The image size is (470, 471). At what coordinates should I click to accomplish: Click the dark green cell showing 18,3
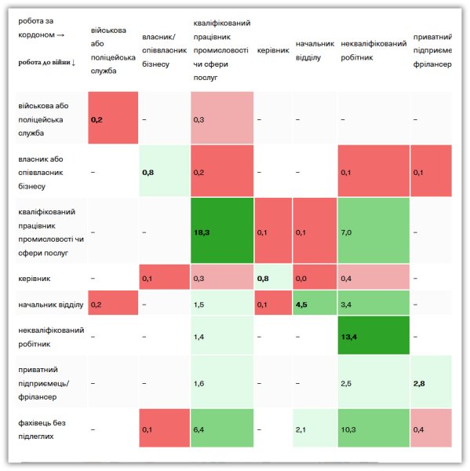point(222,230)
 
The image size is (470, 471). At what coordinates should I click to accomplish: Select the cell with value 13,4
point(373,335)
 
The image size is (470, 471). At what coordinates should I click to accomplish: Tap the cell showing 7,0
point(373,230)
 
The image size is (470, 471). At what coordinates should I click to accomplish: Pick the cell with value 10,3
point(373,428)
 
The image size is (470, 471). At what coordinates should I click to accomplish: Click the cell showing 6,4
point(222,428)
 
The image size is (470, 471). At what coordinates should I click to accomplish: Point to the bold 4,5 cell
point(315,303)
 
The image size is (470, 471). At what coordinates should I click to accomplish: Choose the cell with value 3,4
point(373,303)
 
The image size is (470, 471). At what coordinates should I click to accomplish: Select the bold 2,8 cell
point(431,382)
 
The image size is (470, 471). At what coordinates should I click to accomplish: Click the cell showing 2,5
point(373,382)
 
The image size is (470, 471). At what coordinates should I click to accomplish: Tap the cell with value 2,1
point(315,428)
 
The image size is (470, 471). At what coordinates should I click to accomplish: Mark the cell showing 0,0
point(315,277)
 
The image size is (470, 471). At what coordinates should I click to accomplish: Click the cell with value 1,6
point(222,382)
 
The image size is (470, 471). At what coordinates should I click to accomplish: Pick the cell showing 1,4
point(222,335)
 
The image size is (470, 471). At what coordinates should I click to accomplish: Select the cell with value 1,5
point(222,303)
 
